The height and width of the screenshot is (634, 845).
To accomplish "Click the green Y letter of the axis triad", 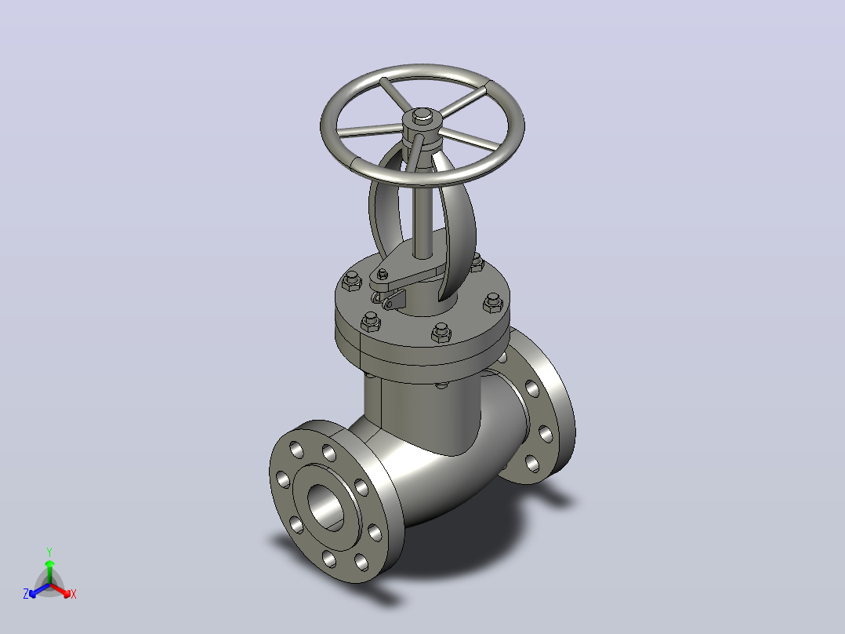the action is [49, 552].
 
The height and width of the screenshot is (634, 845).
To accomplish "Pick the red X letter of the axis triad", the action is [74, 594].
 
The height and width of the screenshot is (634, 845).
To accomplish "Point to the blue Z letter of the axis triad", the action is [26, 593].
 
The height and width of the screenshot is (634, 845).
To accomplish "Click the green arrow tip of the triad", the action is [49, 563].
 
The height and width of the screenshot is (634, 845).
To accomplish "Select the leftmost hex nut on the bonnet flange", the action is [351, 281].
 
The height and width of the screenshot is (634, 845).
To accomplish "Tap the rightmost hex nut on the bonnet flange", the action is [493, 303].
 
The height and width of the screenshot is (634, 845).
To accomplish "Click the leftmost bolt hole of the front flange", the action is [283, 479].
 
